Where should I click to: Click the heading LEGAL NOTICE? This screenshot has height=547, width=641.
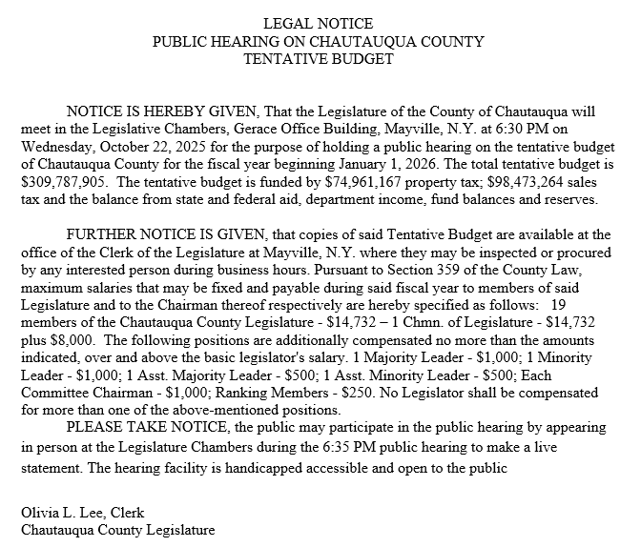319,23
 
